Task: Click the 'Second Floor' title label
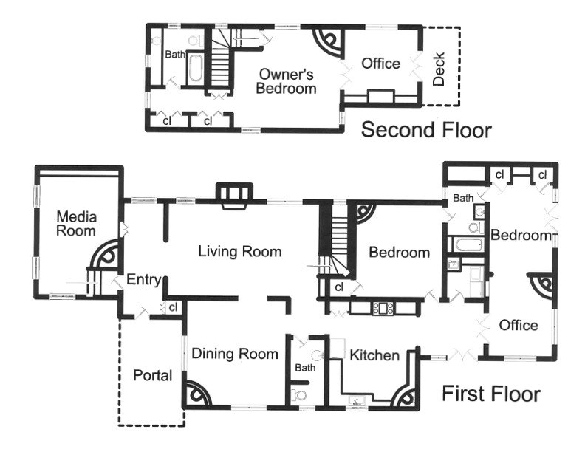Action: point(426,130)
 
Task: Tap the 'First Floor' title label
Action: point(491,394)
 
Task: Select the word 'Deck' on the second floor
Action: point(439,69)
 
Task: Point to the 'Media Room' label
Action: point(76,224)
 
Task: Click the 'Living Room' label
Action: point(239,251)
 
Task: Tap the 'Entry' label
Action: point(143,280)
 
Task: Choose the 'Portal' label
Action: point(153,375)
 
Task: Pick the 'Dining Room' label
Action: point(235,354)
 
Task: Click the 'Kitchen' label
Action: point(374,355)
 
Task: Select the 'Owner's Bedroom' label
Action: point(286,81)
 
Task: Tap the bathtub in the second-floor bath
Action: point(194,68)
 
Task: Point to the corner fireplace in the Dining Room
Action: point(197,394)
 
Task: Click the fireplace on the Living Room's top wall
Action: point(234,196)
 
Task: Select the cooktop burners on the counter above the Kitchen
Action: point(383,308)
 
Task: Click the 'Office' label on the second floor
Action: point(380,64)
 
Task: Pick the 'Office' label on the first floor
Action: point(519,325)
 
